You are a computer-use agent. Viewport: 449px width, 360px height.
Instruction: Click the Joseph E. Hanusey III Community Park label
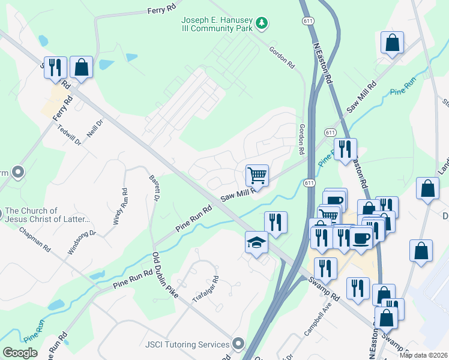[x=217, y=23]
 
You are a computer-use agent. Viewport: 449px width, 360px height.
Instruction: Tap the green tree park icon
[x=261, y=23]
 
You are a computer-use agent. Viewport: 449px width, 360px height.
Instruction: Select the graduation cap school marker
[x=256, y=244]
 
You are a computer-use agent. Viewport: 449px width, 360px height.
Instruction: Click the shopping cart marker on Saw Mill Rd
[x=257, y=175]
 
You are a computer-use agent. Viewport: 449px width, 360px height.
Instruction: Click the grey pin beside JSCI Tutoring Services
[x=239, y=344]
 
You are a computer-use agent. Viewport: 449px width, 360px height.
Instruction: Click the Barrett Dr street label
[x=154, y=187]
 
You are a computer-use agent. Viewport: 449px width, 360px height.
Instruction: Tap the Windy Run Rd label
[x=120, y=207]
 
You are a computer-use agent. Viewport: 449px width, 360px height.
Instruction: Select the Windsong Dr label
[x=82, y=242]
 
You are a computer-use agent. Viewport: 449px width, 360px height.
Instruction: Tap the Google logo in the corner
[x=20, y=352]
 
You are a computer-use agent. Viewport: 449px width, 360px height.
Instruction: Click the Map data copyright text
[x=423, y=355]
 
